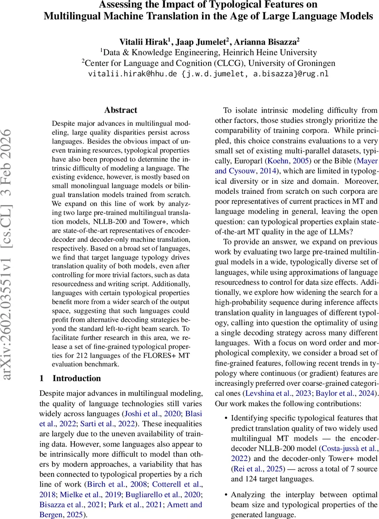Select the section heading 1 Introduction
(70, 378)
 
